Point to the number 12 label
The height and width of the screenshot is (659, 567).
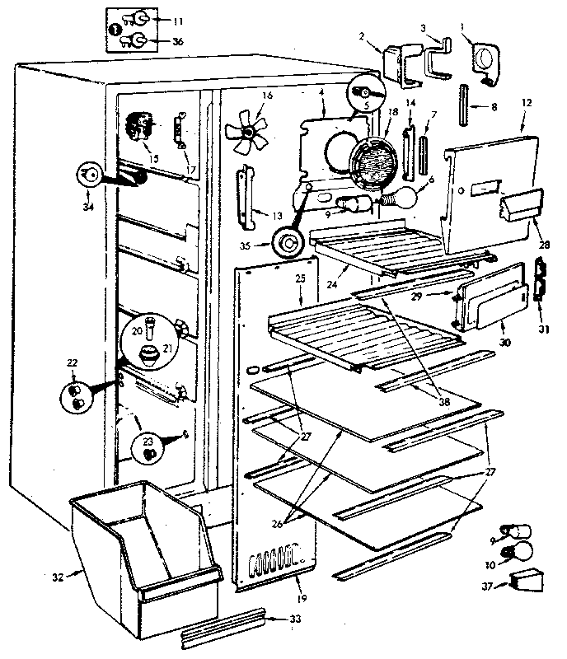click(527, 103)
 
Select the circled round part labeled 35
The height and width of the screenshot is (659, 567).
click(288, 245)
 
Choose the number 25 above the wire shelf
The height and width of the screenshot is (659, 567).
click(301, 279)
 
